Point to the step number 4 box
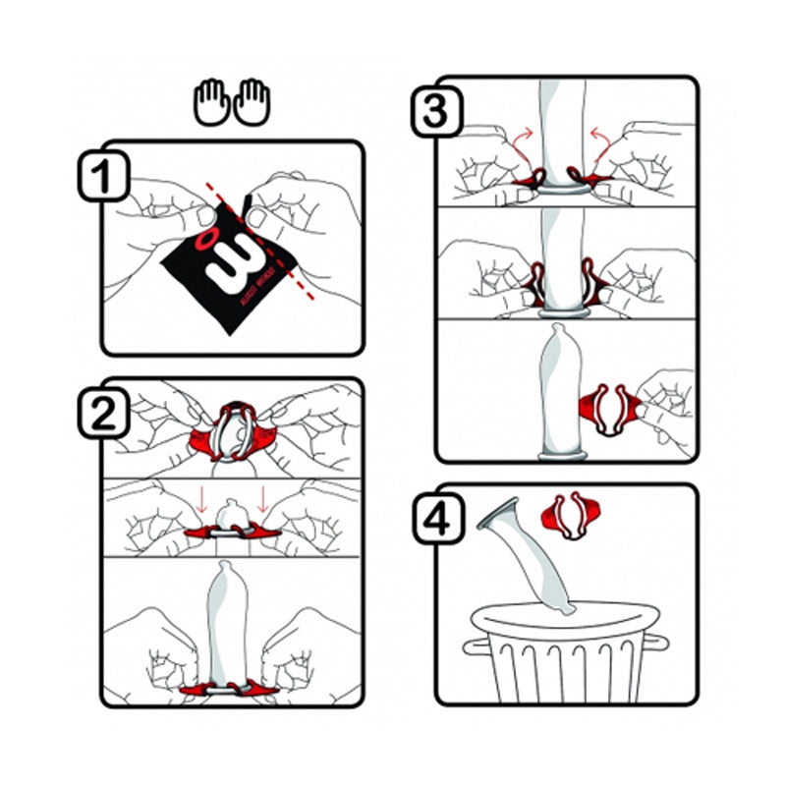[x=433, y=519]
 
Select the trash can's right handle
[x=660, y=644]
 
